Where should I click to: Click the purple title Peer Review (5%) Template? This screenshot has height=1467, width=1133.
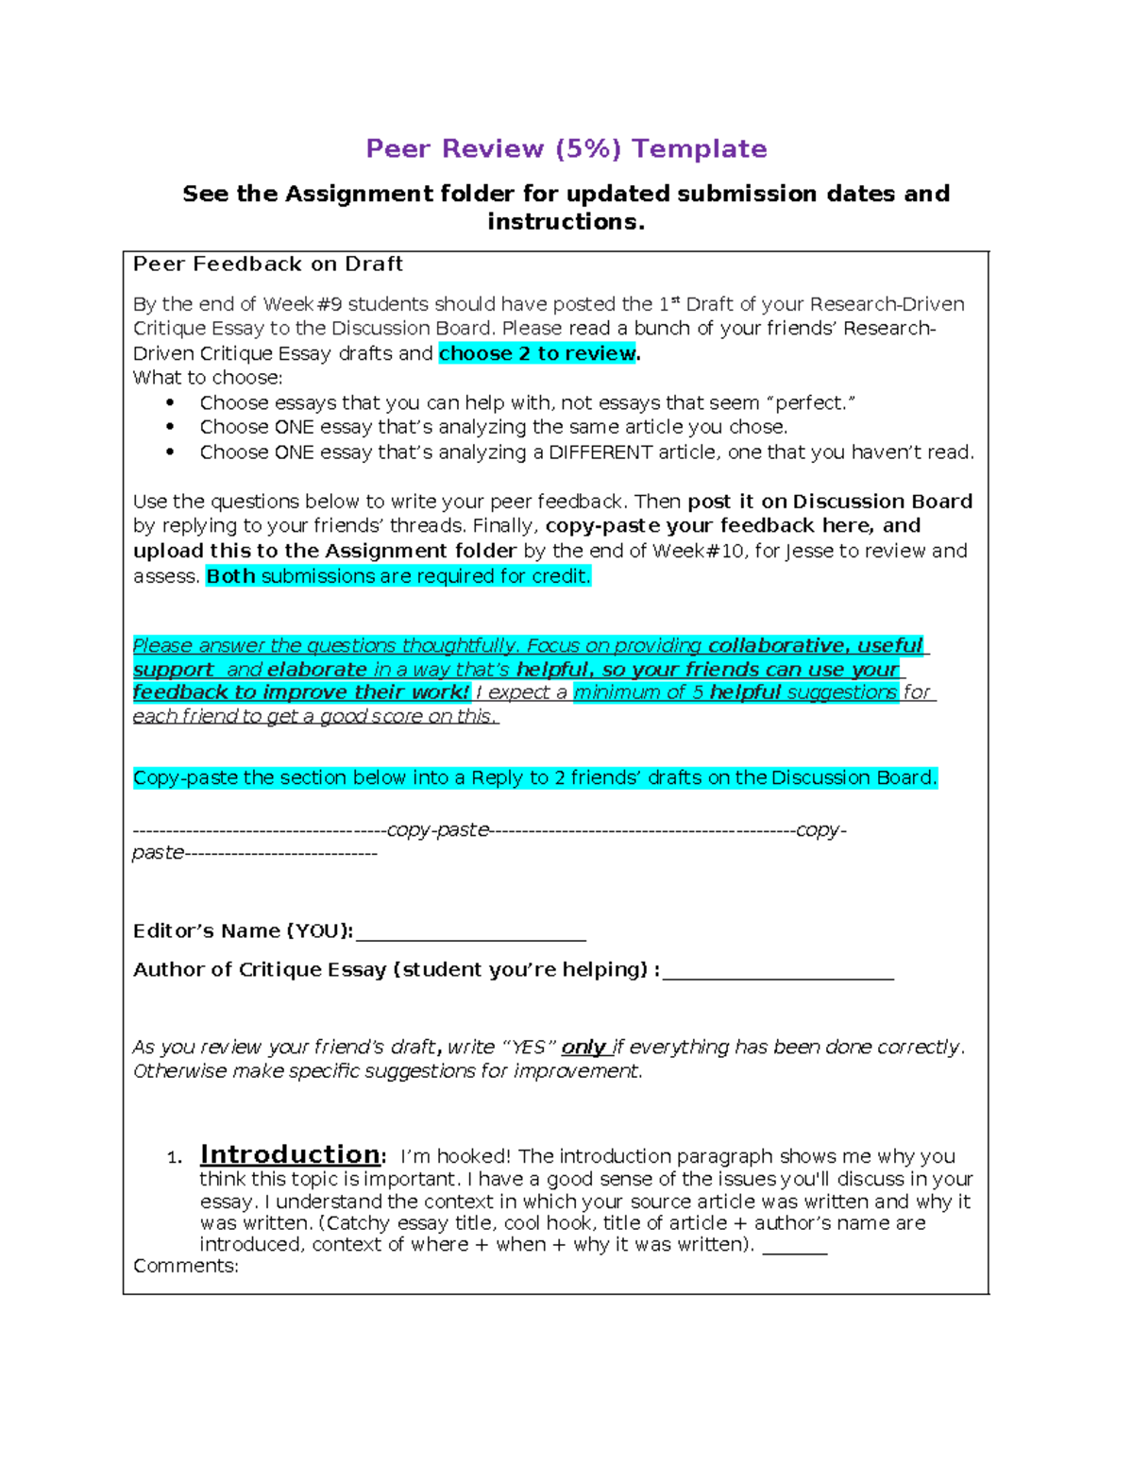pyautogui.click(x=566, y=149)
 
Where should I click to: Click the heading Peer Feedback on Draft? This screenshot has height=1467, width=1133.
pyautogui.click(x=268, y=264)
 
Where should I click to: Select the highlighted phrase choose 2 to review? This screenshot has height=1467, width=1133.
pyautogui.click(x=537, y=353)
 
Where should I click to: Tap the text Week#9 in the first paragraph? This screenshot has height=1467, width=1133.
pyautogui.click(x=302, y=304)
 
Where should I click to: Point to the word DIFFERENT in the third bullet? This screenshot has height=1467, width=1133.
pyautogui.click(x=600, y=452)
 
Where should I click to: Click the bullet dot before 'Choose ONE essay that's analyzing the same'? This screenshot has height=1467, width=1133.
pyautogui.click(x=170, y=427)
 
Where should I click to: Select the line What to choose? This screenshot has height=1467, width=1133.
pyautogui.click(x=208, y=378)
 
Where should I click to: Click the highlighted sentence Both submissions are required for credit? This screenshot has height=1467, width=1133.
pyautogui.click(x=398, y=576)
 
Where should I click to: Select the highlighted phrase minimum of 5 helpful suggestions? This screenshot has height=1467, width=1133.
pyautogui.click(x=736, y=692)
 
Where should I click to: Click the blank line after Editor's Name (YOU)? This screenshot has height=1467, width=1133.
pyautogui.click(x=470, y=933)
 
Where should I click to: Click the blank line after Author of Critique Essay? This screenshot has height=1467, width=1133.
pyautogui.click(x=778, y=972)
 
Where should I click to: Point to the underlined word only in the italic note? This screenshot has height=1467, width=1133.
pyautogui.click(x=583, y=1048)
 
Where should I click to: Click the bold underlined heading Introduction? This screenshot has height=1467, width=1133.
pyautogui.click(x=291, y=1154)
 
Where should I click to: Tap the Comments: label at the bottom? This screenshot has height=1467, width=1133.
pyautogui.click(x=186, y=1266)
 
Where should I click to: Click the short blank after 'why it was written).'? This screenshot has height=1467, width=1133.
pyautogui.click(x=794, y=1246)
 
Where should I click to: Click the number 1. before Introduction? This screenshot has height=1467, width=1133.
pyautogui.click(x=174, y=1158)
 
